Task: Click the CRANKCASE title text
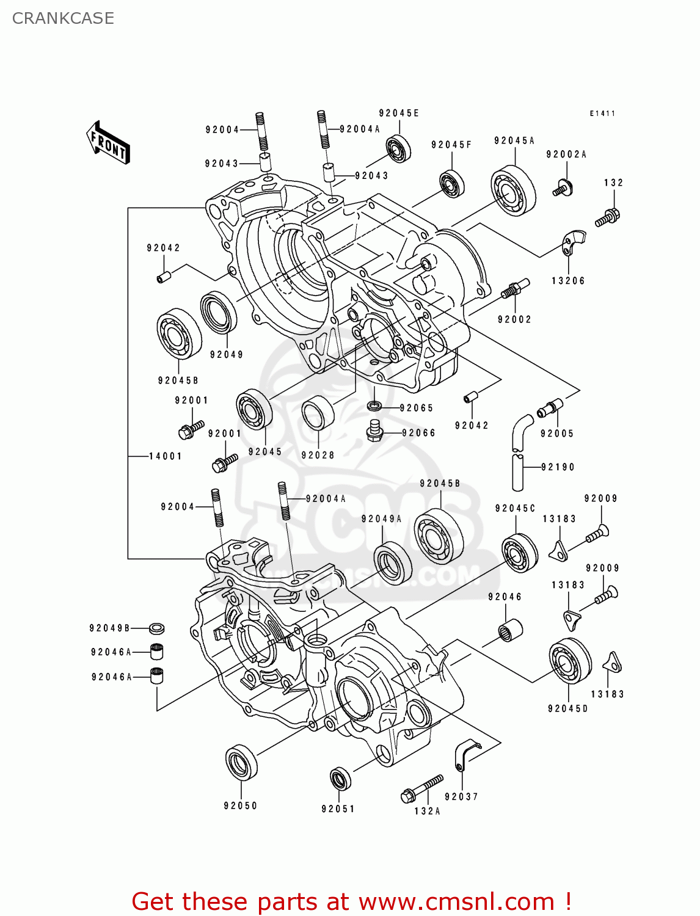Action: click(63, 18)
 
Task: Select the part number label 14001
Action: click(165, 456)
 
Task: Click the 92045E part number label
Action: click(398, 113)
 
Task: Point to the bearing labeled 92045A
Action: click(513, 190)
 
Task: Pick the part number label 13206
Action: click(568, 281)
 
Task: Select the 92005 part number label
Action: click(557, 434)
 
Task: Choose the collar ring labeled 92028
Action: click(318, 413)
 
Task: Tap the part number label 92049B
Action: click(109, 628)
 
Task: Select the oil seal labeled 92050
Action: click(241, 762)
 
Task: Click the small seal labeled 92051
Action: click(340, 779)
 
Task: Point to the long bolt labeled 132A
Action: click(423, 788)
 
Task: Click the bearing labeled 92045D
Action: click(570, 661)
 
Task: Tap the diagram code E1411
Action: click(602, 114)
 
